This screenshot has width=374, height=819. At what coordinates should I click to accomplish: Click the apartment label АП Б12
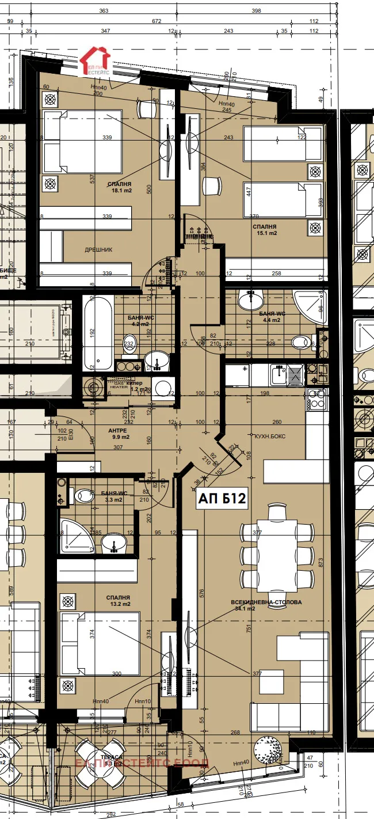coord(223,498)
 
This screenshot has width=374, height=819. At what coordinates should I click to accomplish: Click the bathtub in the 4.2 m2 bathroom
coord(97,333)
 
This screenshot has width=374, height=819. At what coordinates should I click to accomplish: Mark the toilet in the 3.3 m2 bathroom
coord(83,495)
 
